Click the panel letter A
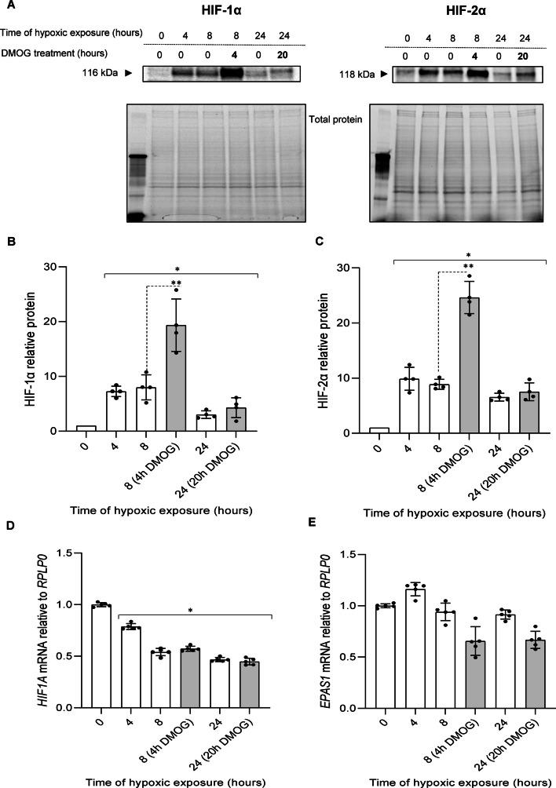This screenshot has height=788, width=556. [x=7, y=8]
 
